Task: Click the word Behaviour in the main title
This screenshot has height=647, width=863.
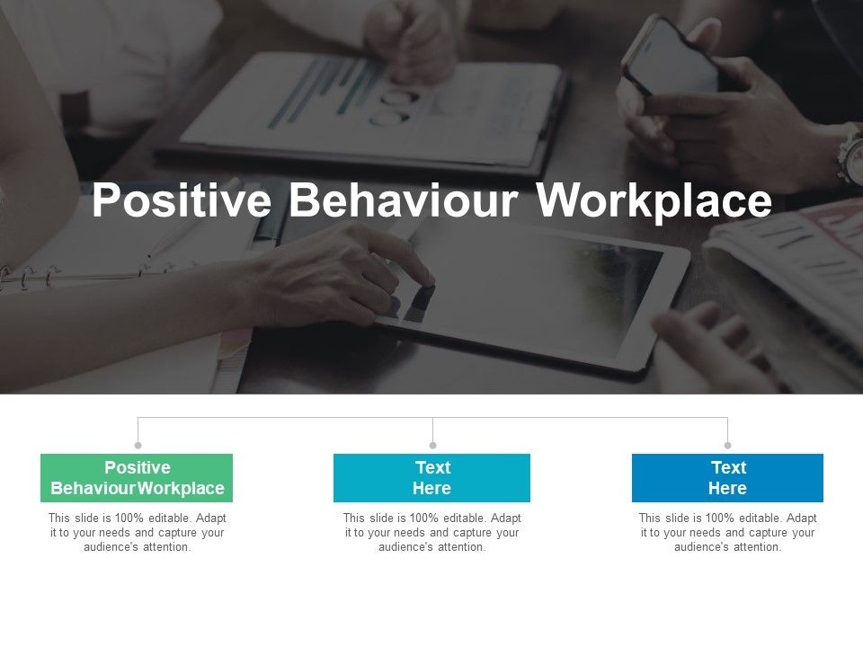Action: (404, 201)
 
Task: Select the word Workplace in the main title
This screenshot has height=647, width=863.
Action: (654, 201)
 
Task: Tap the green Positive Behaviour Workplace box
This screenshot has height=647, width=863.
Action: (137, 478)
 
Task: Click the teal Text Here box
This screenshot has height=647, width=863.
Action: (431, 478)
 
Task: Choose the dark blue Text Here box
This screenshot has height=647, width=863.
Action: (727, 478)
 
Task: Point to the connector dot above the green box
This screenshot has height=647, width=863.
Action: (138, 445)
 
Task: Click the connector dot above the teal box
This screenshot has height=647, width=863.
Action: (432, 445)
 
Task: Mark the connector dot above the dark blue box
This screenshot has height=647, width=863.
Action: (727, 445)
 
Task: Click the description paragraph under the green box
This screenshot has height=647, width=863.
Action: (137, 532)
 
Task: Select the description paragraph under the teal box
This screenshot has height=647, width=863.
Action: (431, 532)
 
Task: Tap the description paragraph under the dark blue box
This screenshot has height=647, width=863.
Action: (727, 532)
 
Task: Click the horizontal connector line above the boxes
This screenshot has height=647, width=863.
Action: (288, 417)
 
